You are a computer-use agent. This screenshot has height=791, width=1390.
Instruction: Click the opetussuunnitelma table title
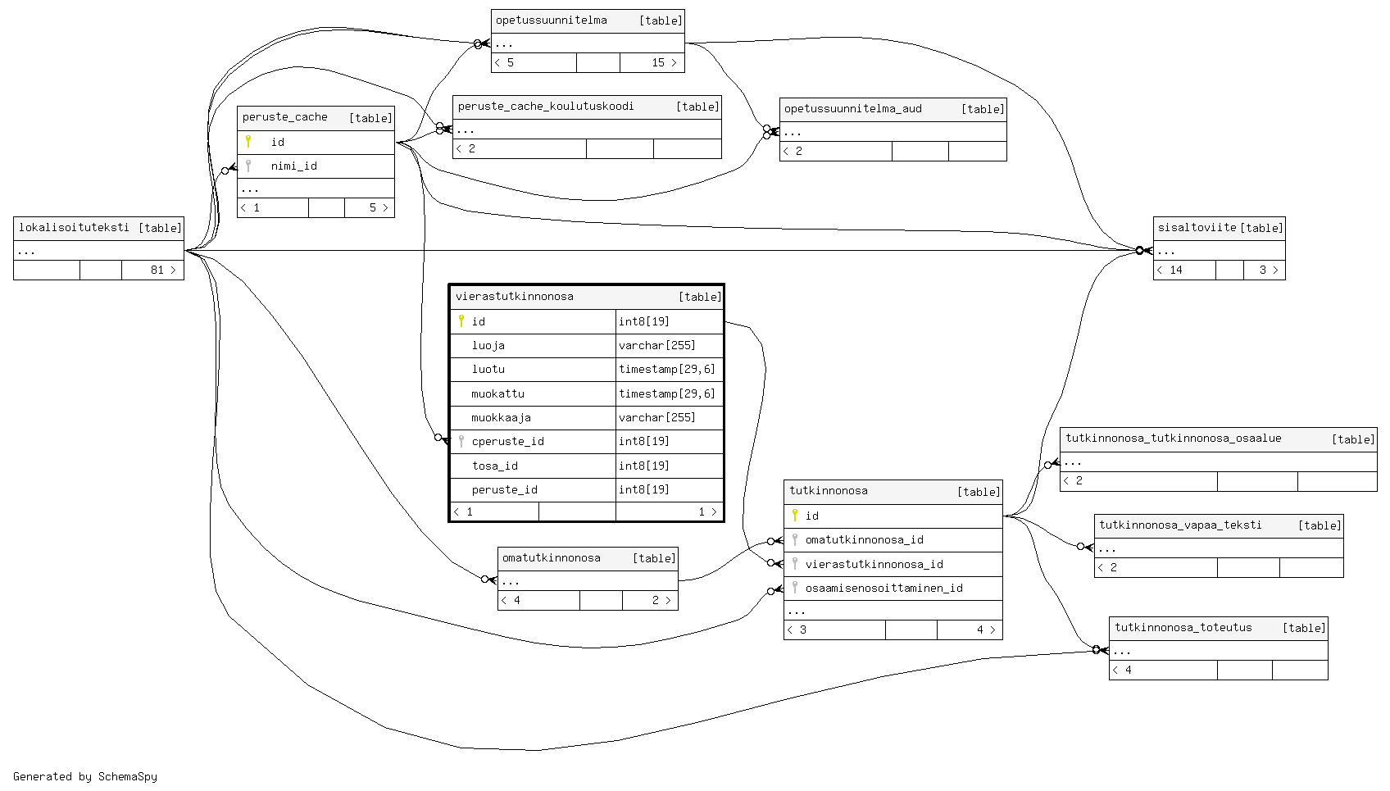click(552, 20)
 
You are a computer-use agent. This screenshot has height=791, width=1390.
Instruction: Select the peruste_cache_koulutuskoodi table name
click(546, 107)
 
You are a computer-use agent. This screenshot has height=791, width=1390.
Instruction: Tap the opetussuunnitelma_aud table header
click(852, 109)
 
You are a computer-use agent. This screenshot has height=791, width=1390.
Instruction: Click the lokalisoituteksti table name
click(74, 228)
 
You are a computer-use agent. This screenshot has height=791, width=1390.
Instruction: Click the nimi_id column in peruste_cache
click(293, 166)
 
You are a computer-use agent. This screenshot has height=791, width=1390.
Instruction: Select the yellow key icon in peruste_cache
click(248, 142)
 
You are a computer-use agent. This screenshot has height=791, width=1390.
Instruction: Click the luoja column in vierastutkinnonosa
click(488, 346)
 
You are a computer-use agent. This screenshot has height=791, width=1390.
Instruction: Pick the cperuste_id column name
click(507, 442)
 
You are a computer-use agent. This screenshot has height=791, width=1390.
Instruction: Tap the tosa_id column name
click(494, 466)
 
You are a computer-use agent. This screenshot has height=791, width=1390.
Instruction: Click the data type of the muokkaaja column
click(656, 418)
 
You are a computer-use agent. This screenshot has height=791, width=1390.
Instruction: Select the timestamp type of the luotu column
click(666, 370)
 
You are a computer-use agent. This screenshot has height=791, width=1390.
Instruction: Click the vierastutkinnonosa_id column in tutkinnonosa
click(874, 565)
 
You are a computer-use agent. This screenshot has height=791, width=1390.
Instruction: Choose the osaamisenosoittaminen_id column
click(884, 589)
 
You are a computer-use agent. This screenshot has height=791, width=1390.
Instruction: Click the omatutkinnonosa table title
click(551, 558)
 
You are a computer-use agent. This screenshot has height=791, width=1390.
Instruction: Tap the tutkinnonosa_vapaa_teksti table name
click(1180, 525)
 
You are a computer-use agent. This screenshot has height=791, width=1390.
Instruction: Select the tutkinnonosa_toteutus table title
click(1183, 628)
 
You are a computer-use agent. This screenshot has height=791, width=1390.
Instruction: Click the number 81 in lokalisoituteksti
click(157, 270)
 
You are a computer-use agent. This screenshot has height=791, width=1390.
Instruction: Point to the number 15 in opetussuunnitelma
click(658, 63)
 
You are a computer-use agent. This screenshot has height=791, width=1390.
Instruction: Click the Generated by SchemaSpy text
click(85, 777)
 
